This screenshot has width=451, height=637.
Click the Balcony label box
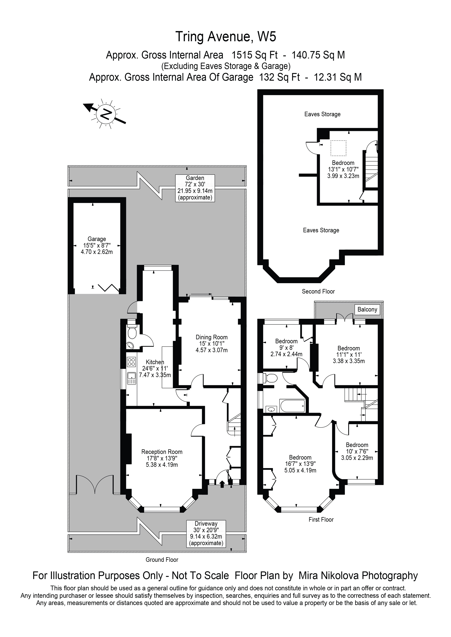[367, 310]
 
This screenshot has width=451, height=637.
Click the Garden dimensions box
[195, 188]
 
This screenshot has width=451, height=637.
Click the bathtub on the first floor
[293, 406]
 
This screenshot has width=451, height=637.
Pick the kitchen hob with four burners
[131, 361]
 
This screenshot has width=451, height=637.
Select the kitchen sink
[131, 378]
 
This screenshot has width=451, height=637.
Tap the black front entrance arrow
[222, 484]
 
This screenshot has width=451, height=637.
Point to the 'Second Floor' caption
[318, 292]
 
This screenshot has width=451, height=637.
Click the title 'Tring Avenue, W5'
[225, 37]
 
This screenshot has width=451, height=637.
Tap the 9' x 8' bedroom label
[286, 348]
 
